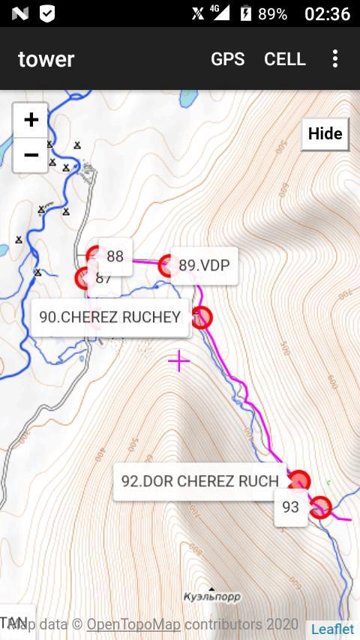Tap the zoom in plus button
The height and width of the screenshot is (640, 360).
(31, 120)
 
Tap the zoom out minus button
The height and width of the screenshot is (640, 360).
(31, 155)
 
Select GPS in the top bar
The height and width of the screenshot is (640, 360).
(227, 59)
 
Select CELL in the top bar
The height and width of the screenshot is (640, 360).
(285, 59)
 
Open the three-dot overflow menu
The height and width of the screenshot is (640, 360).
(335, 59)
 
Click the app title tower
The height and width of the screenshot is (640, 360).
(46, 59)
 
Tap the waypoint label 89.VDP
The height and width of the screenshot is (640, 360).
(204, 265)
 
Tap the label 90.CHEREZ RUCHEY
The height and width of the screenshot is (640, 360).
(109, 317)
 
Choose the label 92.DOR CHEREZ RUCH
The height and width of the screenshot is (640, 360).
(200, 481)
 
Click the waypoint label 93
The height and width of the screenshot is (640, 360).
(290, 507)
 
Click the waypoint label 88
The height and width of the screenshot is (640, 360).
(115, 256)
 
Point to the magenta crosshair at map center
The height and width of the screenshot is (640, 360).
(179, 361)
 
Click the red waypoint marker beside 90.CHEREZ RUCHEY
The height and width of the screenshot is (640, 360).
(201, 318)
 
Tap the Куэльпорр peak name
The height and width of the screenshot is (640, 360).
(211, 597)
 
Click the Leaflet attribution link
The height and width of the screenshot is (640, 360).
(333, 629)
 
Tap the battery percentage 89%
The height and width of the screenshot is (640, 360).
(273, 14)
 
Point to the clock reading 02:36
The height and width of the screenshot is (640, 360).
(327, 14)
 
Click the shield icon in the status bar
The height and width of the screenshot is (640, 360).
(46, 13)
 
